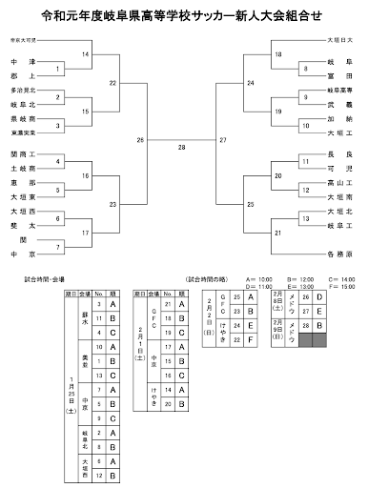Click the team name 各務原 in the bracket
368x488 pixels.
point(337,255)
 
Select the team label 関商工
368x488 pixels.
point(24,152)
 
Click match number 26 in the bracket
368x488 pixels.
point(141,140)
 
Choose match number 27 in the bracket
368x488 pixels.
point(223,140)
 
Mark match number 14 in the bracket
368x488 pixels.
point(86,55)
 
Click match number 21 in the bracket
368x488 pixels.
point(278,232)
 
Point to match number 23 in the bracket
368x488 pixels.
point(113,204)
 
